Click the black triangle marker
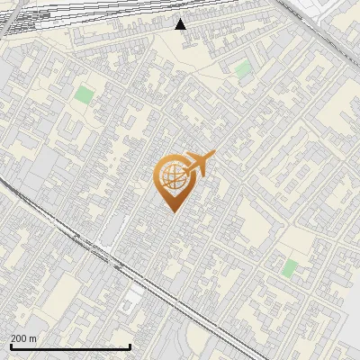(181, 24)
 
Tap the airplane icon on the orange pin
(199, 164)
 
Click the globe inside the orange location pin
(173, 174)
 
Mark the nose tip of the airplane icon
(214, 154)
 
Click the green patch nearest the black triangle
(242, 68)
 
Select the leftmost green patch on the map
(84, 94)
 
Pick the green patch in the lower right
(289, 267)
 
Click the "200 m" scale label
(23, 338)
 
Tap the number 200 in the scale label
(19, 338)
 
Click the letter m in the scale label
(33, 338)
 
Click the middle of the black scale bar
(71, 346)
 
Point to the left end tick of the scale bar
(12, 345)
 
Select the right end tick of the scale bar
(130, 345)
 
